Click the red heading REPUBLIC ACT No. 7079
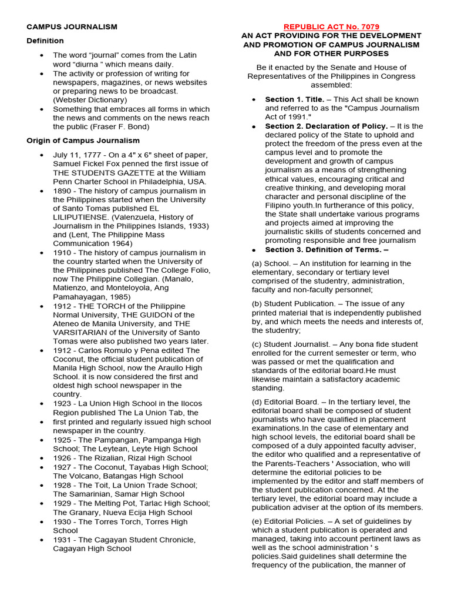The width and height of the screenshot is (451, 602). [331, 27]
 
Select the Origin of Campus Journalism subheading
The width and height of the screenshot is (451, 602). [83, 140]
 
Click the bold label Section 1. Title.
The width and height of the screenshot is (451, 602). [294, 99]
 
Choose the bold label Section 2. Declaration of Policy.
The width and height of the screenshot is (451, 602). [326, 126]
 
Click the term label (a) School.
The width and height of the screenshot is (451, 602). [270, 263]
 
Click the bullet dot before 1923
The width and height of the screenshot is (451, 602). [41, 404]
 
